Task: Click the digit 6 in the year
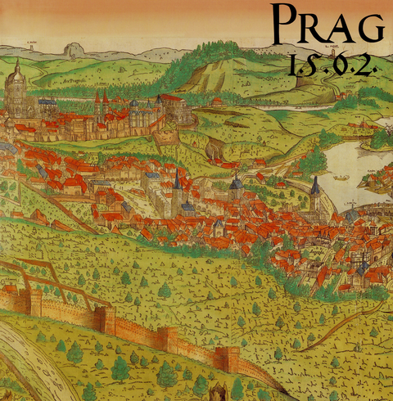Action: [x=335, y=65]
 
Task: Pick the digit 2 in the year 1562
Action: [x=364, y=65]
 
